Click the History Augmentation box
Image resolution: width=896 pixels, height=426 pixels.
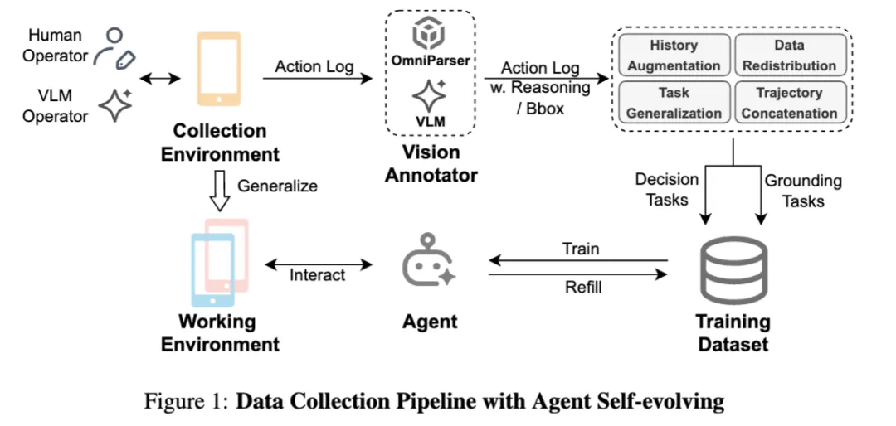(x=674, y=55)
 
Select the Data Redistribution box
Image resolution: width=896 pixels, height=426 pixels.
(x=787, y=55)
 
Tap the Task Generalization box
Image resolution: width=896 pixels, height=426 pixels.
(x=674, y=102)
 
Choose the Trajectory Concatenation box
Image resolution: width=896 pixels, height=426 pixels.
(x=788, y=102)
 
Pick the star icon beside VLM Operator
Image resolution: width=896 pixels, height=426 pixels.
(x=115, y=106)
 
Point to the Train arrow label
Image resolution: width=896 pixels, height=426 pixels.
(x=580, y=249)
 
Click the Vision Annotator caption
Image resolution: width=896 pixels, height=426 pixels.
(x=431, y=163)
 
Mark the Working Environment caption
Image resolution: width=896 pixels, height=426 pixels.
(x=220, y=332)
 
